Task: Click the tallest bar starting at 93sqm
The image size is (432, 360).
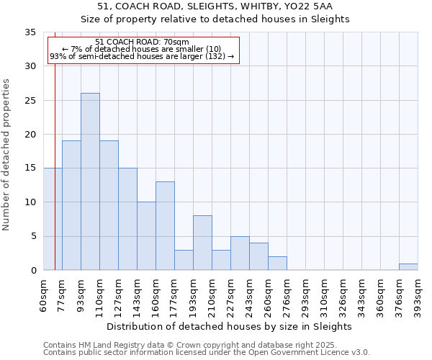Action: click(90, 181)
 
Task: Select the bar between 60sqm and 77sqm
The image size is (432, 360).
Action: click(53, 219)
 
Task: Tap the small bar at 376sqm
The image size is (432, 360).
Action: click(408, 267)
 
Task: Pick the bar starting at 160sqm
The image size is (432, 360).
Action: click(165, 226)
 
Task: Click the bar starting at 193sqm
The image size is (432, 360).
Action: click(202, 243)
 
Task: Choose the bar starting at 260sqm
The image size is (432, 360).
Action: click(277, 264)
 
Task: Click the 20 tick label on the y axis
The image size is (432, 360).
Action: click(30, 135)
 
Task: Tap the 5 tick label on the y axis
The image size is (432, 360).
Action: click(33, 236)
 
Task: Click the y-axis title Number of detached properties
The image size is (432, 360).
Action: click(6, 155)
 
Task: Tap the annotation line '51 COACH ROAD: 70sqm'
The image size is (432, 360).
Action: click(142, 42)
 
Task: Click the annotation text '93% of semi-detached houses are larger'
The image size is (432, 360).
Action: click(142, 56)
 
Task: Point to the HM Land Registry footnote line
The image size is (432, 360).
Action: click(190, 345)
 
